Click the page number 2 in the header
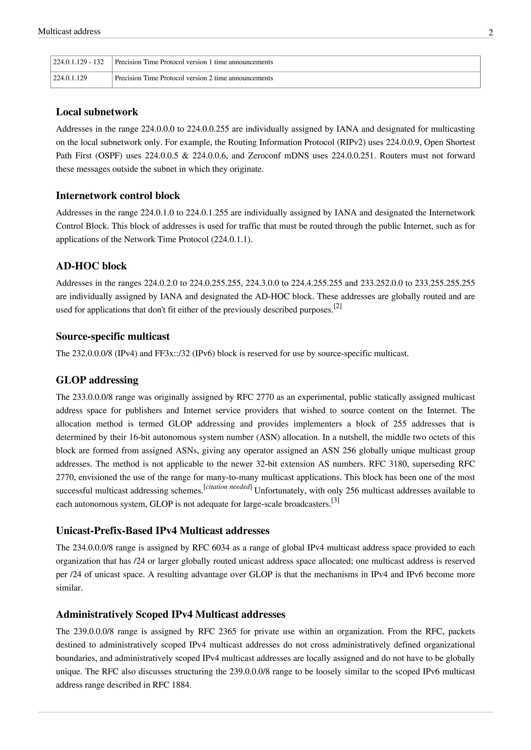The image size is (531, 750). click(x=491, y=33)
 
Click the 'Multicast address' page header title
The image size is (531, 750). click(x=69, y=31)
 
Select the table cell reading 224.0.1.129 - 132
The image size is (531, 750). click(x=79, y=62)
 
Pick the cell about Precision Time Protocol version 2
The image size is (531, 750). click(x=194, y=78)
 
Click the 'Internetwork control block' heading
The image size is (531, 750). click(x=118, y=196)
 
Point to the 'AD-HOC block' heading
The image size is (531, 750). click(x=91, y=266)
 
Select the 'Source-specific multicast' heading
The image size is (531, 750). click(x=113, y=336)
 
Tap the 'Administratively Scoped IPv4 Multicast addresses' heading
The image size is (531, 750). click(x=170, y=615)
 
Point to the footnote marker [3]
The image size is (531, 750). click(x=335, y=500)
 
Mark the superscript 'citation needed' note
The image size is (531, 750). click(x=228, y=487)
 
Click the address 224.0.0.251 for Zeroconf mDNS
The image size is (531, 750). click(x=353, y=156)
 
